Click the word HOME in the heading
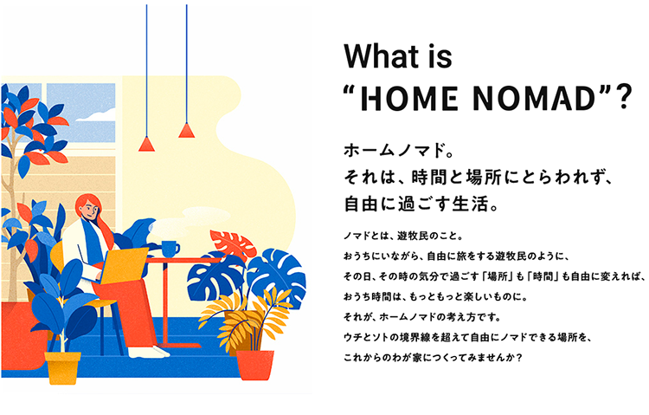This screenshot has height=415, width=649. pos(409,99)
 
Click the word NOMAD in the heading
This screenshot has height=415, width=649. pos(534,99)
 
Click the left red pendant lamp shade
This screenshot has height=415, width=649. pos(146,145)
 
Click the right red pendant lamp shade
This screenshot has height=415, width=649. pos(186,131)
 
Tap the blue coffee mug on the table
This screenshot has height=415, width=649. pos(170,249)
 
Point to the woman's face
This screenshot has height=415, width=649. pos(88,211)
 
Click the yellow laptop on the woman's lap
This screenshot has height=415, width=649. pos(123,265)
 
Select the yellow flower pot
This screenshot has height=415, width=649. pos(62,366)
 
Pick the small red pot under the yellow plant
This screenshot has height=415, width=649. pos(255,365)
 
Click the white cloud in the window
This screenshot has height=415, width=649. pos(96,115)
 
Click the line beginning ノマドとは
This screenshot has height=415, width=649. pos(402,236)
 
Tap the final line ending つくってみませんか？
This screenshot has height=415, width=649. pos(433,357)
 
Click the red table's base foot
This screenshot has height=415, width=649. pos(179,346)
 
